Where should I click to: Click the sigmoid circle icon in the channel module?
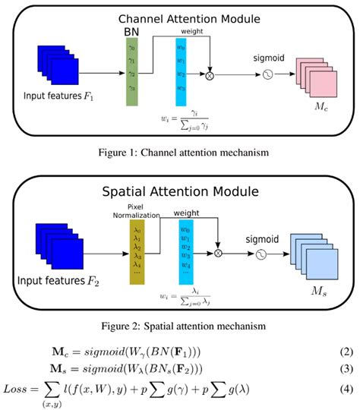coord(267,75)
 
